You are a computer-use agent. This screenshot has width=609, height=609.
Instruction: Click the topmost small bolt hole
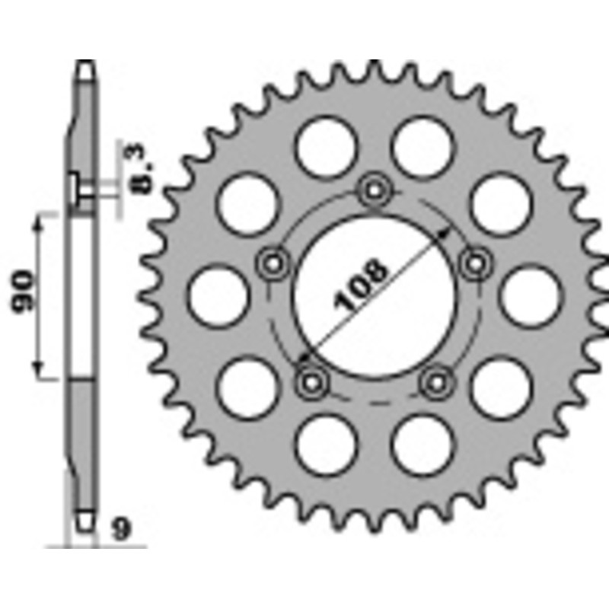click(374, 189)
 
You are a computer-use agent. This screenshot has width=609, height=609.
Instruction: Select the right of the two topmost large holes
click(422, 146)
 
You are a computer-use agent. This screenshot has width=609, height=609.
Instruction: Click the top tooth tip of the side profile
click(86, 65)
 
